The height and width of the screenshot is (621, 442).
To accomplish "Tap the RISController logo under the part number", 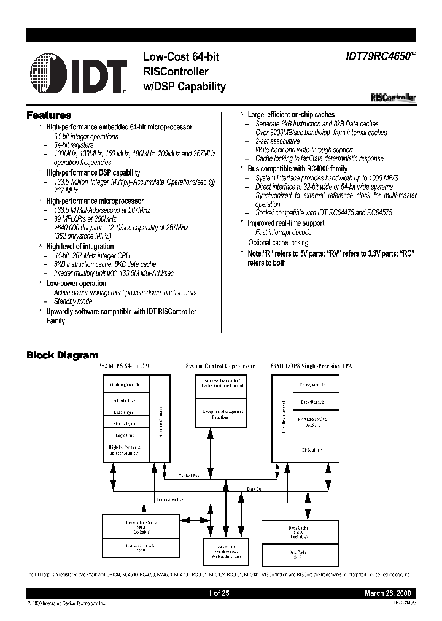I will (x=394, y=97).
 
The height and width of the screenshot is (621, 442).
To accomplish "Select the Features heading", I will (x=48, y=115).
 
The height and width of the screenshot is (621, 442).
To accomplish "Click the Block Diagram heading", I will (x=61, y=355).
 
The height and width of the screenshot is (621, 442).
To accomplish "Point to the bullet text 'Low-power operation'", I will (x=76, y=283).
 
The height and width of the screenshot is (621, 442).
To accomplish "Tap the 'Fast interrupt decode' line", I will (x=283, y=233).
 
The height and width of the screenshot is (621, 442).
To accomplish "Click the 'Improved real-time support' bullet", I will (x=286, y=223).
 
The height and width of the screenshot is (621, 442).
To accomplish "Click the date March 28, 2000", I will (x=390, y=594).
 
